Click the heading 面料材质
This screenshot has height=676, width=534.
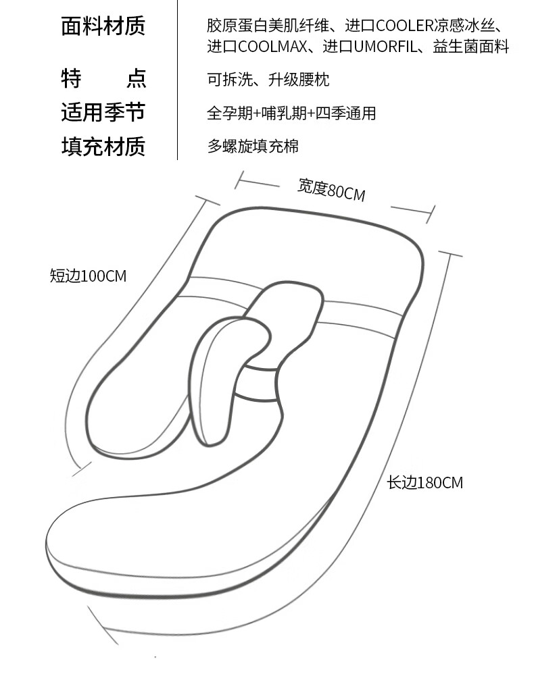pos(103,26)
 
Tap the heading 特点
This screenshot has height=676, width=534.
pos(103,78)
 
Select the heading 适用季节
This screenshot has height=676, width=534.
pos(103,113)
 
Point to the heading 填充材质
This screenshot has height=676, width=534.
pos(103,147)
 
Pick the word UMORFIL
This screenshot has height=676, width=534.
pos(385,47)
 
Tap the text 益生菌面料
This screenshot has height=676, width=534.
pos(471,47)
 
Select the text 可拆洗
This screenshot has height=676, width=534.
pos(230,80)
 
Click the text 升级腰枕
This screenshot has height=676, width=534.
pos(299,80)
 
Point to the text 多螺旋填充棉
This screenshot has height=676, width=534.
pos(253,147)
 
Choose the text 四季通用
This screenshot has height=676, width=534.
pos(346,113)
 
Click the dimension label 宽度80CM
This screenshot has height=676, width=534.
pos(331,190)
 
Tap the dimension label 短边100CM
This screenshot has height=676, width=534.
pos(88,276)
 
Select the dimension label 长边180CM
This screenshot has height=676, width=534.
pos(424,483)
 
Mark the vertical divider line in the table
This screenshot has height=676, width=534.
pos(177,80)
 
